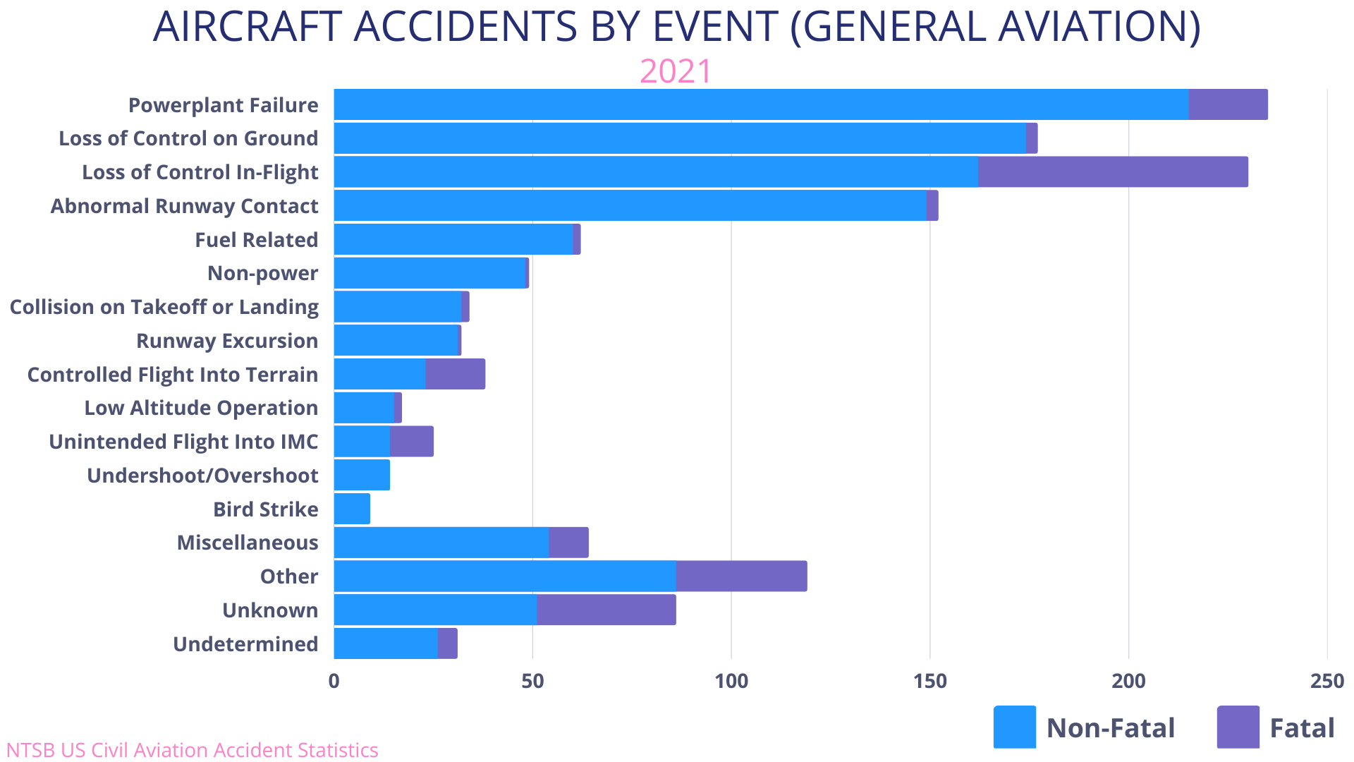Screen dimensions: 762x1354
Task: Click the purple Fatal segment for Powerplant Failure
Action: click(x=1228, y=104)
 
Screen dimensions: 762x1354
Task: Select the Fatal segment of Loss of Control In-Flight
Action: click(x=1113, y=172)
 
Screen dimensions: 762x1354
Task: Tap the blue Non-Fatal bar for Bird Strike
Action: click(x=352, y=509)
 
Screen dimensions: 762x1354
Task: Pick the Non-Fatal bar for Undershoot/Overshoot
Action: click(x=362, y=475)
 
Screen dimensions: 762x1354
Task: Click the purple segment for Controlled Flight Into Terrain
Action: click(x=456, y=374)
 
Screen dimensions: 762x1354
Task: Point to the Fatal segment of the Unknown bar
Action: click(x=606, y=610)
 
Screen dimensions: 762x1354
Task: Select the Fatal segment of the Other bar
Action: click(x=741, y=576)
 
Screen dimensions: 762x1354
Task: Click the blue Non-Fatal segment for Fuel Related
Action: click(x=453, y=239)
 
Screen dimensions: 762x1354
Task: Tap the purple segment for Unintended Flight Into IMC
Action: click(x=412, y=441)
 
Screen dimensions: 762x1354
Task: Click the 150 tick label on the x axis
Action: click(x=929, y=681)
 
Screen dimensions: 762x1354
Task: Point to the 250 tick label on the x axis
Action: click(x=1326, y=681)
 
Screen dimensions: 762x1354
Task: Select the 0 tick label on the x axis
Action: click(x=334, y=681)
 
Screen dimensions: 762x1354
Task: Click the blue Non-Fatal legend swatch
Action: click(x=1014, y=727)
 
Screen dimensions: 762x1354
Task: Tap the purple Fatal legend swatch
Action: click(x=1238, y=727)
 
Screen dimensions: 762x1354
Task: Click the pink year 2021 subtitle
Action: click(x=676, y=71)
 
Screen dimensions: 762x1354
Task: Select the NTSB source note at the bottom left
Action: click(x=192, y=749)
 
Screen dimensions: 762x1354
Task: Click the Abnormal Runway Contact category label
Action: click(x=184, y=206)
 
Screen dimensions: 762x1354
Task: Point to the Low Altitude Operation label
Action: click(x=201, y=408)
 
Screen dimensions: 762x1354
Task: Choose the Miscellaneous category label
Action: click(x=248, y=543)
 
